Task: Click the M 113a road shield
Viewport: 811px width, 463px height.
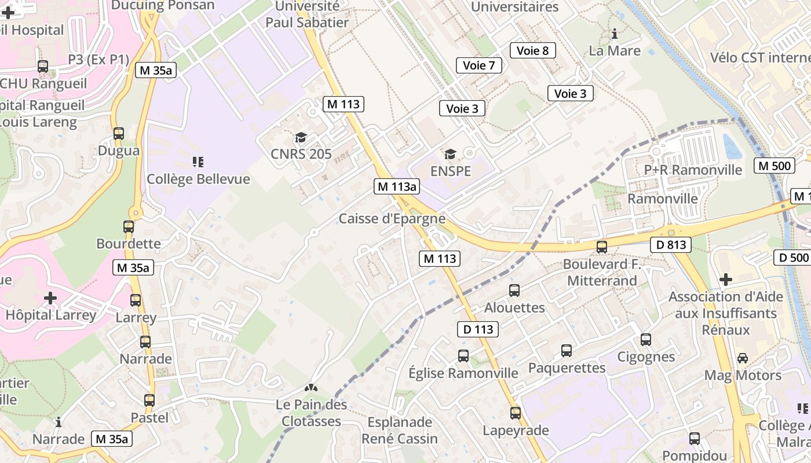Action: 397,186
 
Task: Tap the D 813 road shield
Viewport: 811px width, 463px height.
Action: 671,245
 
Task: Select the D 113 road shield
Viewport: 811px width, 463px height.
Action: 478,329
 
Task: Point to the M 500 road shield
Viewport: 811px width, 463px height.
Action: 773,166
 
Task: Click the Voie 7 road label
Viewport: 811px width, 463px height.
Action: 479,65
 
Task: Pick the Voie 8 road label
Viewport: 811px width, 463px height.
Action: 532,50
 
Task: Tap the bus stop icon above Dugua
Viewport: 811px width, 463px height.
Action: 119,134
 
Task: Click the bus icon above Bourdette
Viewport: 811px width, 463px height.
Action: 129,227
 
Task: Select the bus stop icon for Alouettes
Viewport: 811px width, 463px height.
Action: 514,291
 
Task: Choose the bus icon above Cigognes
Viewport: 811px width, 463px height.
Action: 646,340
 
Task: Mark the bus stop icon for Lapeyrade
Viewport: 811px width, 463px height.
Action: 516,413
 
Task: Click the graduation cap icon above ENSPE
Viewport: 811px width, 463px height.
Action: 450,155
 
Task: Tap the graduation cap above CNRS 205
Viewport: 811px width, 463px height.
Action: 301,137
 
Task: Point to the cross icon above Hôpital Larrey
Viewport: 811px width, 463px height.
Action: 50,298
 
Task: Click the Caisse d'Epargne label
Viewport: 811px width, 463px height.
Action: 392,219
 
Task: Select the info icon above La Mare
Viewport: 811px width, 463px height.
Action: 615,34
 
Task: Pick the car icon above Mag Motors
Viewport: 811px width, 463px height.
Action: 743,358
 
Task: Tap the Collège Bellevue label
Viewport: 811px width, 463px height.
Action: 198,179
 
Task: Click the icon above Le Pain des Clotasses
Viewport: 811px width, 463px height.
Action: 312,388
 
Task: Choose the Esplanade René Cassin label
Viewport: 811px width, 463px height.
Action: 400,430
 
